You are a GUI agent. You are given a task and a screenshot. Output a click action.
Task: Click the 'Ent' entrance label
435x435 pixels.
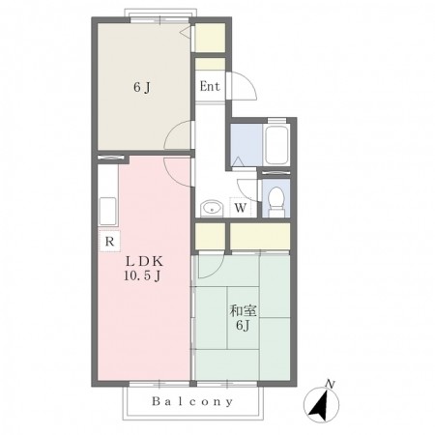(x=210, y=86)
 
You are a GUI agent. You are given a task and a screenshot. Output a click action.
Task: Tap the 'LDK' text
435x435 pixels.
(x=144, y=261)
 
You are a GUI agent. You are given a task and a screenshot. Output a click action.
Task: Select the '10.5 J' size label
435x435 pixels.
(x=142, y=275)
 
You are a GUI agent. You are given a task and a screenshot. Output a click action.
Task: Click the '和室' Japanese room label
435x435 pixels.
(x=243, y=311)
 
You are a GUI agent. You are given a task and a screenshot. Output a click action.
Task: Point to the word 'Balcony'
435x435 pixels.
(x=192, y=401)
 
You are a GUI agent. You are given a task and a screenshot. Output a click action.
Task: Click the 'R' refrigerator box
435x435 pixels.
(x=109, y=241)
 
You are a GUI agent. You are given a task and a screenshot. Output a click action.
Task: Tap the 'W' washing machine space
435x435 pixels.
(x=240, y=208)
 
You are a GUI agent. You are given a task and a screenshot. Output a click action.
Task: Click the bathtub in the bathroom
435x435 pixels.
(x=276, y=145)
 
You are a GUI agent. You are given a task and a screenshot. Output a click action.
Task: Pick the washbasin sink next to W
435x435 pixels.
(x=212, y=208)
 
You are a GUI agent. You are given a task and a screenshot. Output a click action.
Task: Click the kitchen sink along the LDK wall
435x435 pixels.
(x=107, y=211)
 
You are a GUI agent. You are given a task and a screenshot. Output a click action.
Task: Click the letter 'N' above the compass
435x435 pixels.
(x=330, y=384)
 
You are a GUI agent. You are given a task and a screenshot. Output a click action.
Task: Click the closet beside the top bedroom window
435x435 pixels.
(x=210, y=38)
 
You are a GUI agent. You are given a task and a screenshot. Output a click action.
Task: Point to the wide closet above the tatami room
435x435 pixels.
(x=260, y=236)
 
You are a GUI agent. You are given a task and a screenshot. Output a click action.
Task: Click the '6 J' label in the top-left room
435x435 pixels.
(x=142, y=87)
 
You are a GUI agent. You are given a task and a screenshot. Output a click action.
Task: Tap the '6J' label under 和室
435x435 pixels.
(x=243, y=326)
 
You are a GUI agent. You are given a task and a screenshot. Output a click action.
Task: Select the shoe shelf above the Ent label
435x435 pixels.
(x=210, y=64)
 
